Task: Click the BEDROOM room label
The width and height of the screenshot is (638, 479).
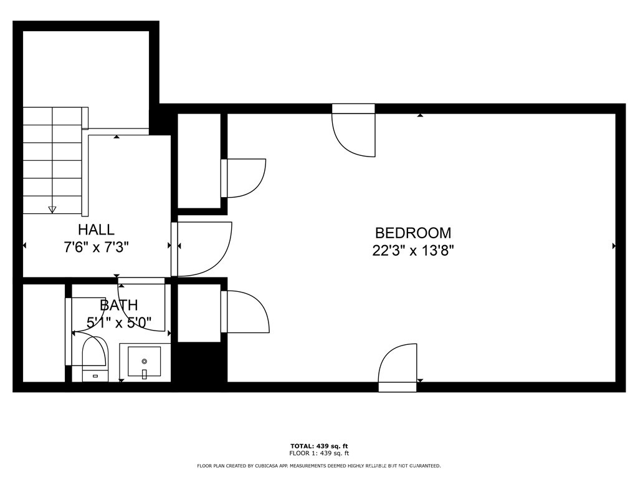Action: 412,233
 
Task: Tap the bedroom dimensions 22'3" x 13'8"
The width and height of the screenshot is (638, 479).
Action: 412,251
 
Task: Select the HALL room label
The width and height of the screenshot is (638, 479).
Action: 96,230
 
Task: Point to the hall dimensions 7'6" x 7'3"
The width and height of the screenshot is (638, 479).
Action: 96,247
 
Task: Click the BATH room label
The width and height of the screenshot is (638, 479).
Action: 118,306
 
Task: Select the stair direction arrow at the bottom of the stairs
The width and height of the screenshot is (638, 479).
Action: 52,209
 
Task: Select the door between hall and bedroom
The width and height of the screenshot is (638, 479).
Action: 202,248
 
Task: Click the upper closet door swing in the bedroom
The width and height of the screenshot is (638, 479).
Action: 244,178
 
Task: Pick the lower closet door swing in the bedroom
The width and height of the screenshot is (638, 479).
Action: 246,311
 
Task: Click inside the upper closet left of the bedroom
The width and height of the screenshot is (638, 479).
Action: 199,161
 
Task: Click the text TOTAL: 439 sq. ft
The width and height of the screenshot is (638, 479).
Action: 319,446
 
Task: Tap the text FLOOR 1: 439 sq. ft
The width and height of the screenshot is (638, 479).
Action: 319,453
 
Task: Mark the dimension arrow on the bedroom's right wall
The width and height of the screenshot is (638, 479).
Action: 614,246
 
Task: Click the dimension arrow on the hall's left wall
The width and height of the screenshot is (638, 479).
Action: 25,246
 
